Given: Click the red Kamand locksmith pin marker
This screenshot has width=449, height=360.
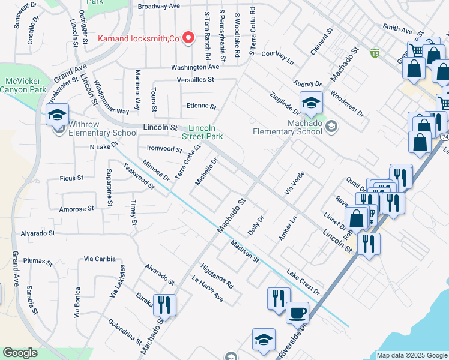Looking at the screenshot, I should pyautogui.click(x=188, y=38).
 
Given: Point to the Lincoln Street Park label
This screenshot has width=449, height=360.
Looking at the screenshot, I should pyautogui.click(x=206, y=132).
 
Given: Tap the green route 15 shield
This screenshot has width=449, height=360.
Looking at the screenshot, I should pyautogui.click(x=375, y=53).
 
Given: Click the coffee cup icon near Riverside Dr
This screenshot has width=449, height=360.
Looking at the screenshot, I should pyautogui.click(x=297, y=313).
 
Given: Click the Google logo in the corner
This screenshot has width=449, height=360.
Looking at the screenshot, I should pyautogui.click(x=20, y=353).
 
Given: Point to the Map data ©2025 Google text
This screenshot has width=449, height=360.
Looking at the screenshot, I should pyautogui.click(x=411, y=355).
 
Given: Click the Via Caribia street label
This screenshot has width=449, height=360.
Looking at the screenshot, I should pyautogui.click(x=100, y=259).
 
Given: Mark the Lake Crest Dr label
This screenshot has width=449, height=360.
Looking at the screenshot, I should pyautogui.click(x=303, y=281).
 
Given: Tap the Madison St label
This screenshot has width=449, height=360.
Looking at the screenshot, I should pyautogui.click(x=244, y=251).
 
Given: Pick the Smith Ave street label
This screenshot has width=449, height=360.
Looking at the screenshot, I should pyautogui.click(x=397, y=29).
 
